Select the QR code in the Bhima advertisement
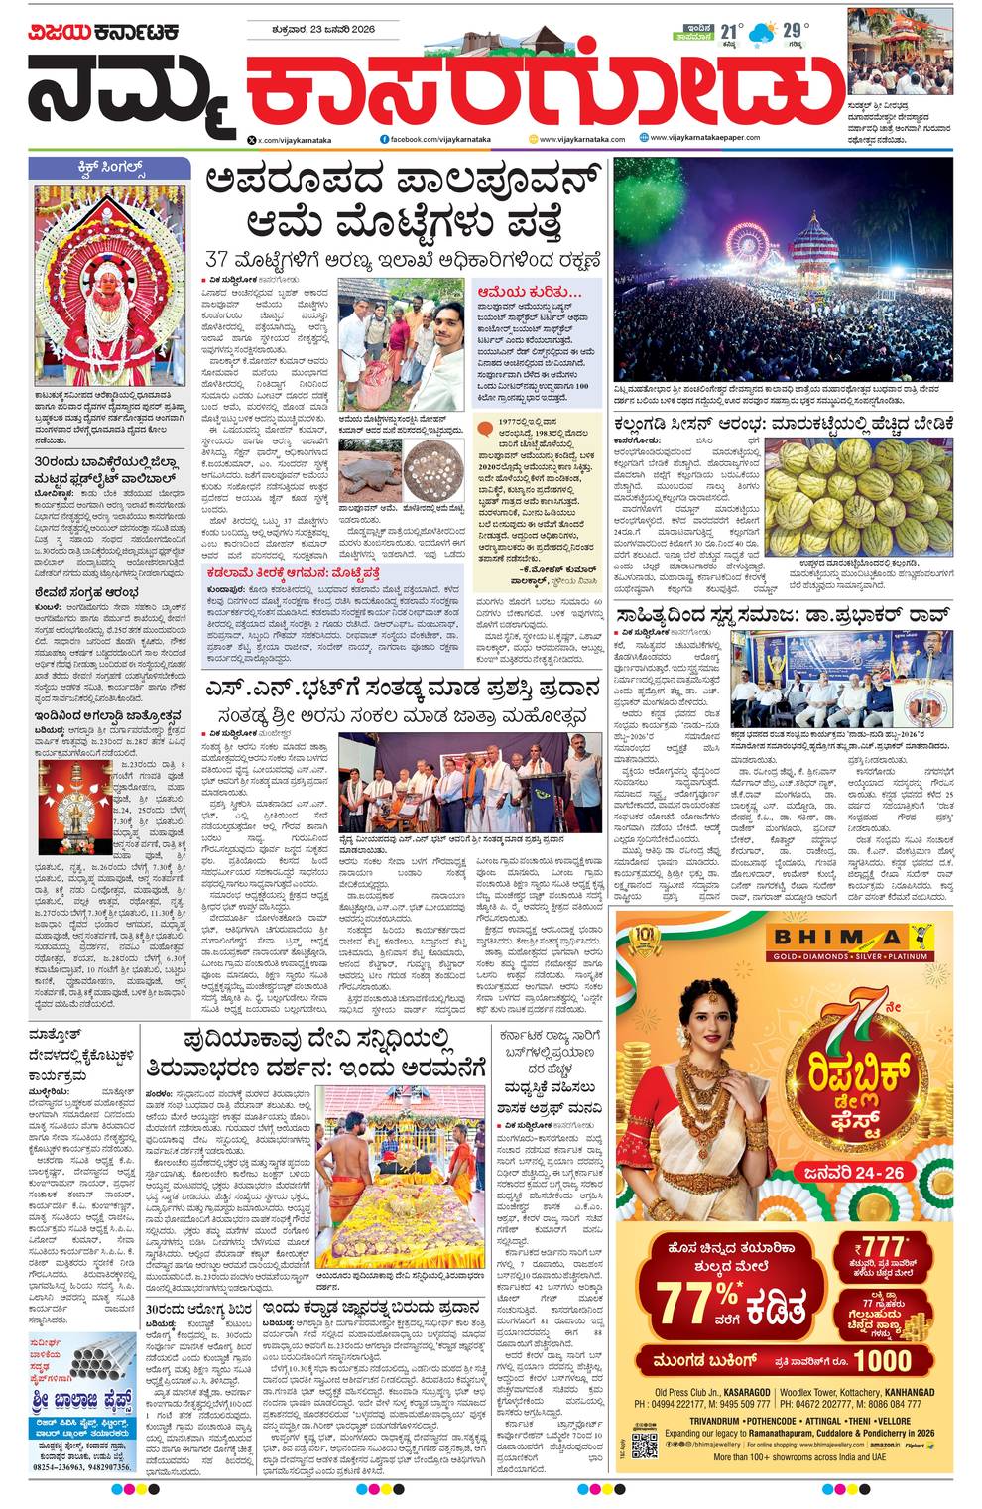645,1445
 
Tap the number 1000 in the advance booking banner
883,1359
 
